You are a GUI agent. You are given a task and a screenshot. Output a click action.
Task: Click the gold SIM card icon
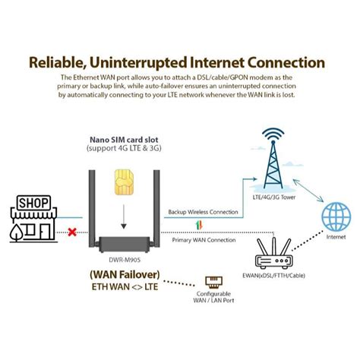coord(121,181)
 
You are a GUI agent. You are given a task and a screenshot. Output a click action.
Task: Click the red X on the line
coord(73,232)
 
